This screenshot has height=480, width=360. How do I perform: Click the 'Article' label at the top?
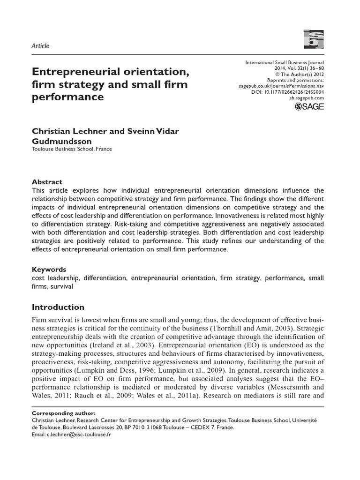[40, 46]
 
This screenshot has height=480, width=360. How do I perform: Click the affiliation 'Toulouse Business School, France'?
[72, 150]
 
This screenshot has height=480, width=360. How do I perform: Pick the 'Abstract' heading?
[46, 182]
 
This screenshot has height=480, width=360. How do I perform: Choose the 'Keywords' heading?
[49, 270]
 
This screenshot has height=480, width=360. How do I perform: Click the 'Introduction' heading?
[58, 307]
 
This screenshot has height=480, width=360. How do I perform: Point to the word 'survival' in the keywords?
[60, 286]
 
